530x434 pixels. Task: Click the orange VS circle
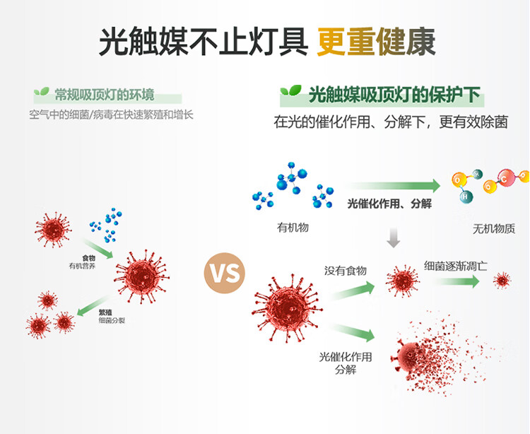pyautogui.click(x=224, y=271)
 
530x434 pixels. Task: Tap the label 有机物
pyautogui.click(x=293, y=228)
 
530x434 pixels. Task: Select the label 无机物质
pyautogui.click(x=494, y=229)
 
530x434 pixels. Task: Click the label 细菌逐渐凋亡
pyautogui.click(x=456, y=266)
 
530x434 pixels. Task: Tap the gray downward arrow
pyautogui.click(x=394, y=238)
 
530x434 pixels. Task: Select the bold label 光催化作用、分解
pyautogui.click(x=389, y=204)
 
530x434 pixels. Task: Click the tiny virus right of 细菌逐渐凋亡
pyautogui.click(x=502, y=281)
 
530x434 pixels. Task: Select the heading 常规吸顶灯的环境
pyautogui.click(x=105, y=95)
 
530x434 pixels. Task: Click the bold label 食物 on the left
pyautogui.click(x=88, y=258)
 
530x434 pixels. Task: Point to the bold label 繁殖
pyautogui.click(x=105, y=312)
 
